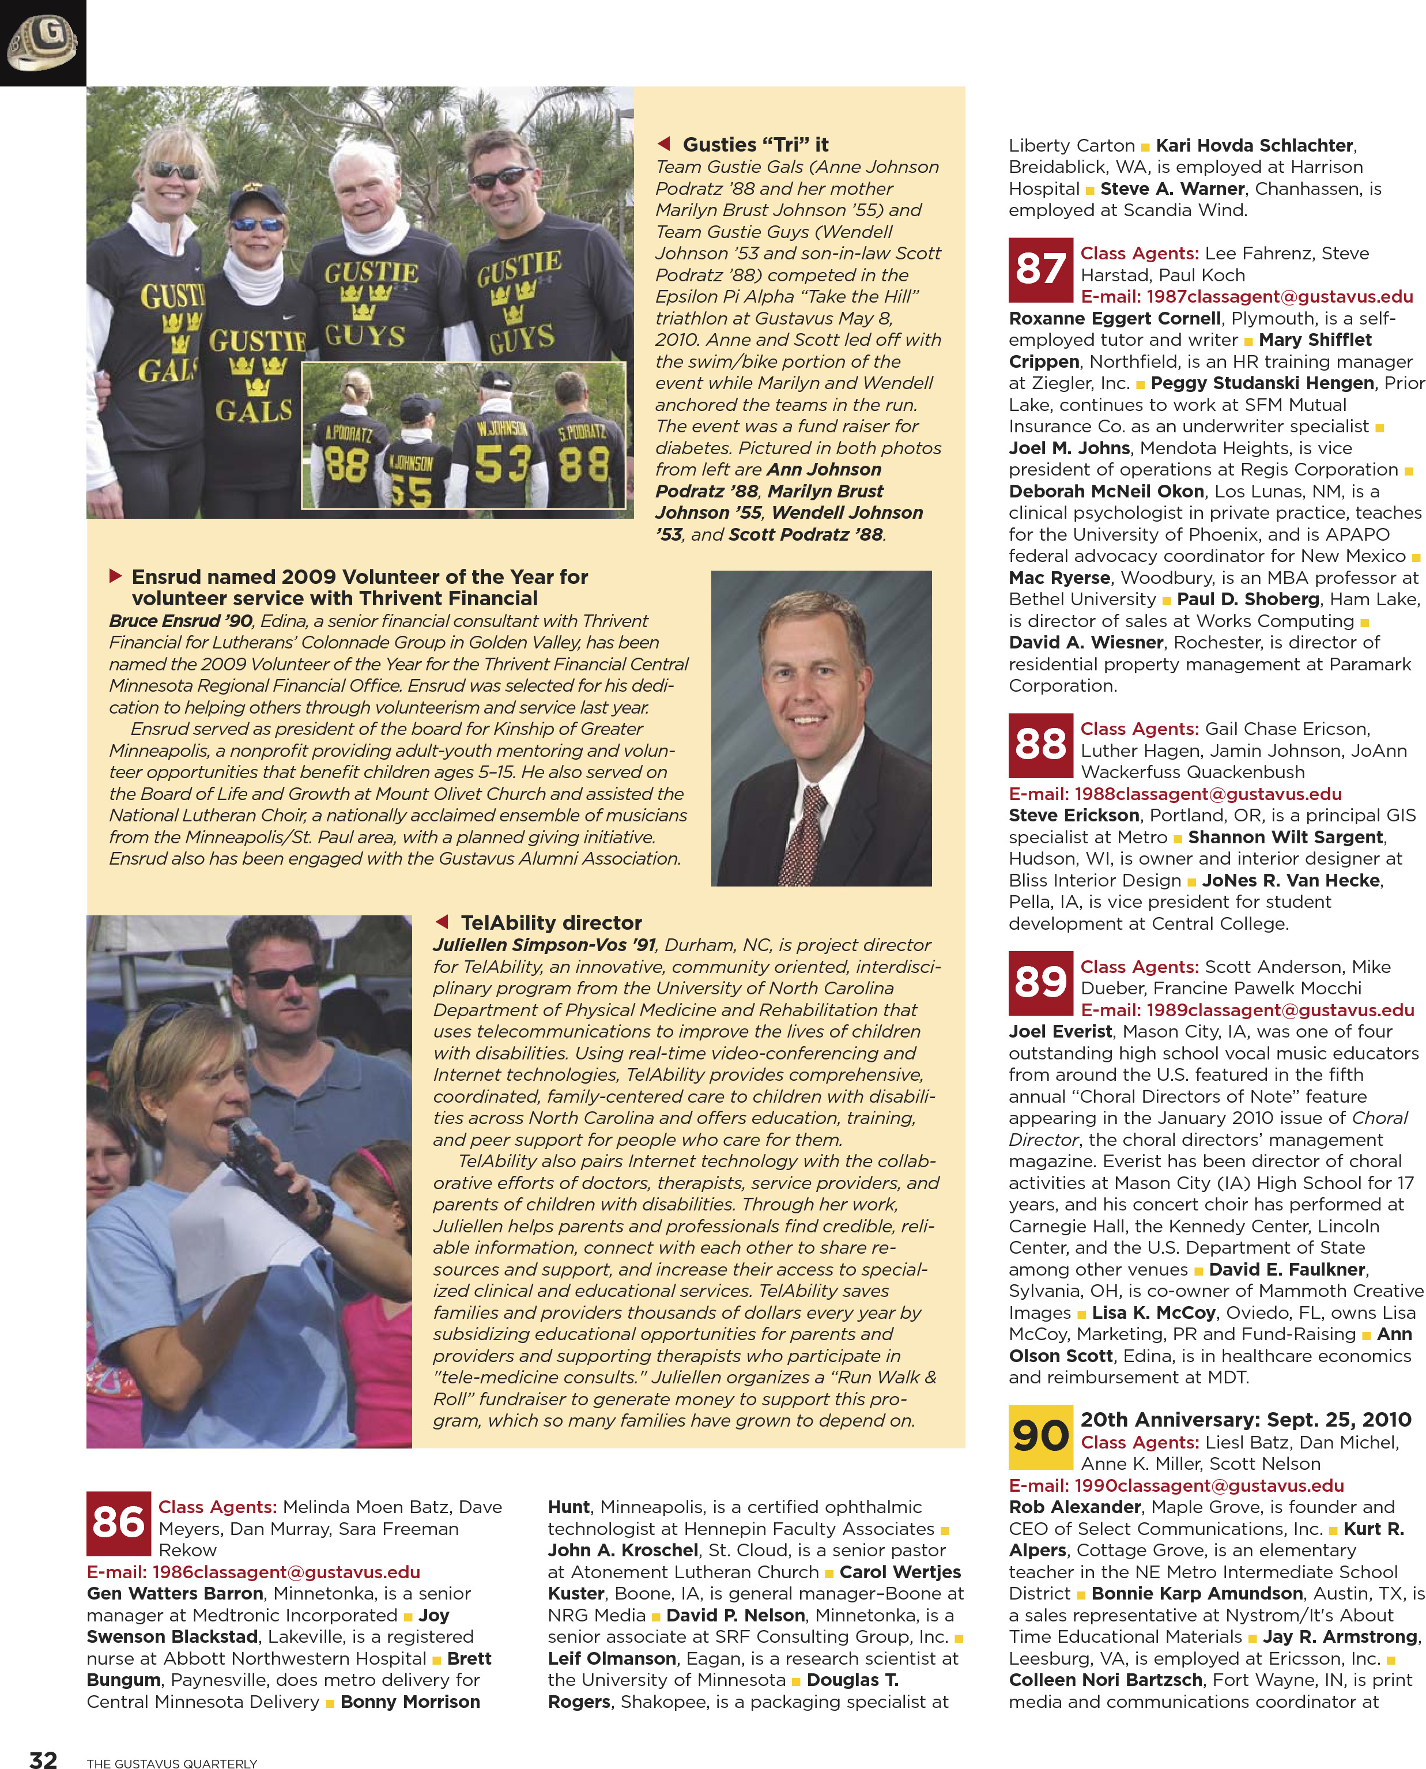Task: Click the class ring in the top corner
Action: click(42, 42)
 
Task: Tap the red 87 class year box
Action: click(1040, 269)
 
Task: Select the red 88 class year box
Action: click(1040, 745)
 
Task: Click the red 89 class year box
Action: click(1040, 982)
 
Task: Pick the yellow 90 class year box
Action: click(1040, 1437)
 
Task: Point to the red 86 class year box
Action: click(118, 1523)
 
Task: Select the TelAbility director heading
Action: click(551, 922)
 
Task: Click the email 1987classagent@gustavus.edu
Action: click(1247, 296)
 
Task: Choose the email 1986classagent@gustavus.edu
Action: click(253, 1571)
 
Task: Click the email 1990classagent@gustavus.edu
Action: click(1176, 1485)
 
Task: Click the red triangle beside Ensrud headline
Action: click(116, 576)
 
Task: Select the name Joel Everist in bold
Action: click(1059, 1032)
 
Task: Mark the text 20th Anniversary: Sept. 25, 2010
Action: click(1245, 1419)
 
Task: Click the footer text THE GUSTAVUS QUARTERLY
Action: click(172, 1763)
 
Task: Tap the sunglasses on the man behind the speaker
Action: click(284, 978)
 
